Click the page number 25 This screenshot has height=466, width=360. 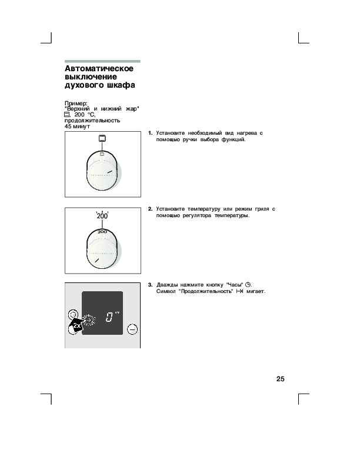pos(280,379)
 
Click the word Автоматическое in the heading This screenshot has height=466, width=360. pos(99,68)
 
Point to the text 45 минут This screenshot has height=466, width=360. pos(77,126)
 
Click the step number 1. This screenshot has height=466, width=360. pos(150,134)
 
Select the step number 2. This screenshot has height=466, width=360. pos(150,209)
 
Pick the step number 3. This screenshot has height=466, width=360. pos(150,285)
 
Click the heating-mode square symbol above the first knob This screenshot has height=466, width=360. pos(102,139)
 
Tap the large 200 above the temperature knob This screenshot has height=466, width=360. pos(102,216)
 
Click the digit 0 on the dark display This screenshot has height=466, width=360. pos(109,318)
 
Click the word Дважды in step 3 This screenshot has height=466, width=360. pos(169,285)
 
